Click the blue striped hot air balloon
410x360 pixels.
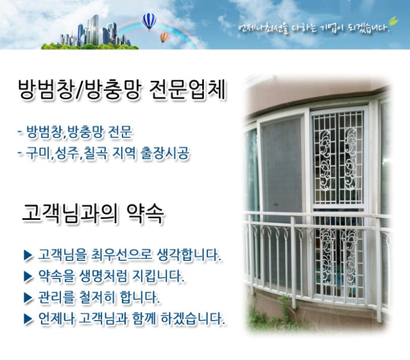click(149, 21)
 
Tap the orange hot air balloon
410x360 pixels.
click(164, 37)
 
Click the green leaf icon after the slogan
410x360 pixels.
click(393, 21)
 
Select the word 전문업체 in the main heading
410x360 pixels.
click(187, 90)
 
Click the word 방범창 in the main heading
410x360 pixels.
click(46, 90)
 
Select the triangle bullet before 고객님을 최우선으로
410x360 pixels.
click(28, 255)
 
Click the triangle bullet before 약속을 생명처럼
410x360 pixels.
click(28, 276)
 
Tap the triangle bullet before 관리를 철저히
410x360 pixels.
click(28, 298)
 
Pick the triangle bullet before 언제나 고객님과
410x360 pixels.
click(28, 319)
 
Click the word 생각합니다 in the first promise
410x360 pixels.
click(189, 255)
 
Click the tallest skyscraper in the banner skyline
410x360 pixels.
click(95, 30)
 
